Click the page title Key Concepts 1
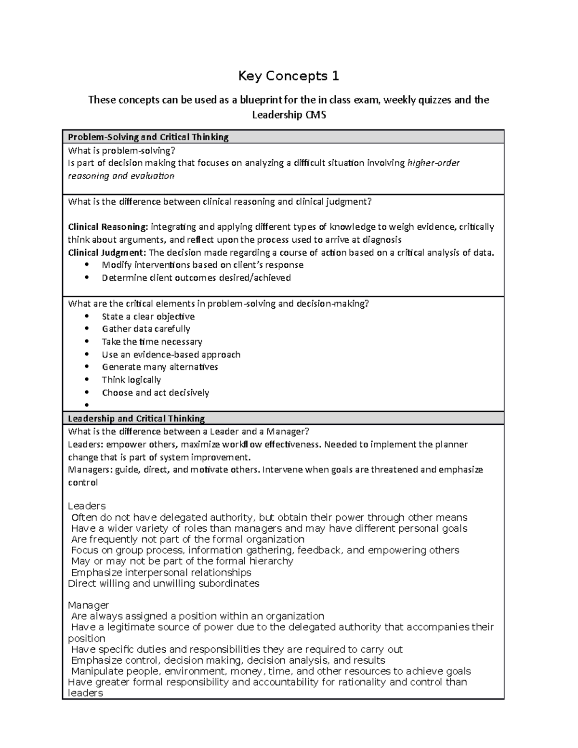tap(289, 76)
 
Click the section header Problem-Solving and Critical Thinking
tap(148, 137)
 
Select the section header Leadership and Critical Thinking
tap(136, 419)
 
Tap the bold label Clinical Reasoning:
tap(108, 227)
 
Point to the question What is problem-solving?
tap(118, 150)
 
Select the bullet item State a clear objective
tap(148, 316)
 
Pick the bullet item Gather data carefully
tap(145, 329)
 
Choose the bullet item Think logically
tap(131, 380)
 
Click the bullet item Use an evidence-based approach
tap(171, 354)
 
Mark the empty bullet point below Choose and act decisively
tap(87, 405)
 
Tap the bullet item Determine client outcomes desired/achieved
tap(196, 278)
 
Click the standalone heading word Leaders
tap(87, 506)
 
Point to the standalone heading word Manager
tap(89, 605)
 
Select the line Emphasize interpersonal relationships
tap(161, 572)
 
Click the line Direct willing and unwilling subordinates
tap(164, 584)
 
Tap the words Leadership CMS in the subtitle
tap(289, 115)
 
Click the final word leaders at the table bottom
tap(86, 693)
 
